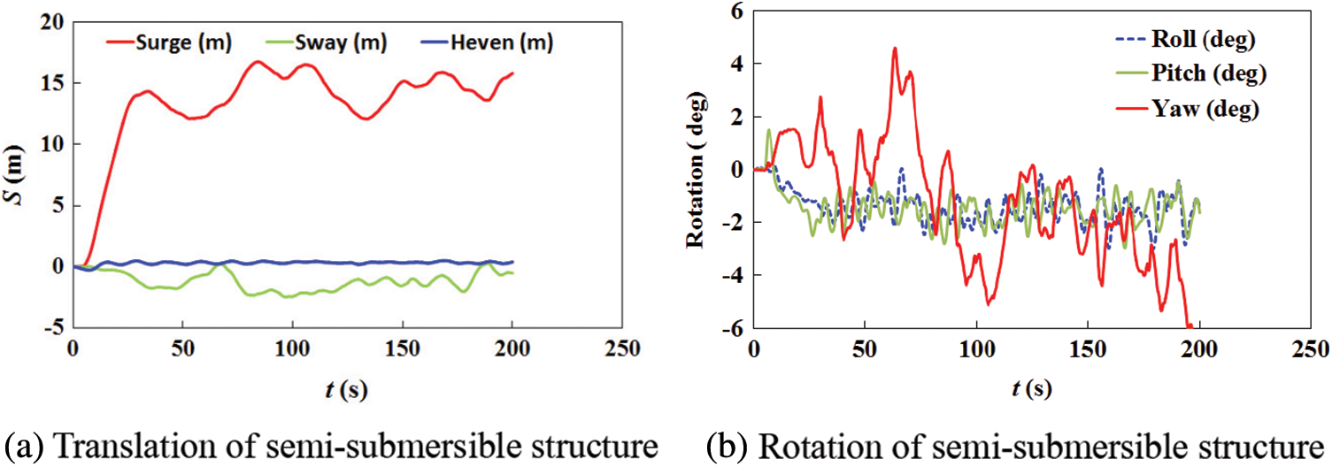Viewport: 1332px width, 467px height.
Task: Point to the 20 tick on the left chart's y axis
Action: [53, 22]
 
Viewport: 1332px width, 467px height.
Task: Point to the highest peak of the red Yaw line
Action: [895, 49]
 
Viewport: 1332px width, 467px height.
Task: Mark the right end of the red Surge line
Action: [512, 73]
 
